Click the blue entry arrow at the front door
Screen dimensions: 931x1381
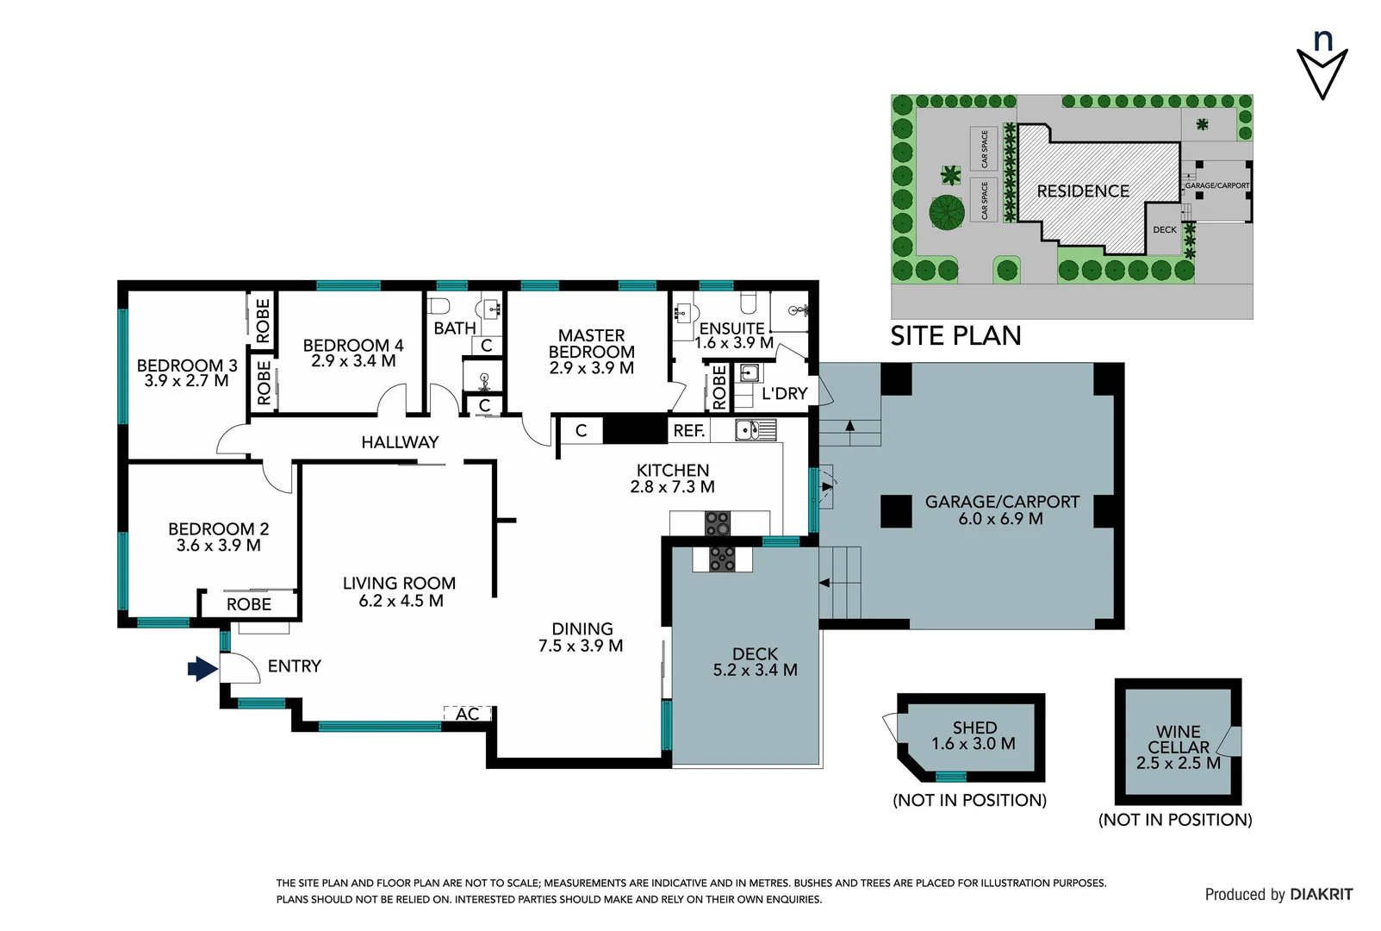(202, 668)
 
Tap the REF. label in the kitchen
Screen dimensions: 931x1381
(688, 430)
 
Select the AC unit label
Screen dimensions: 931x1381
(467, 714)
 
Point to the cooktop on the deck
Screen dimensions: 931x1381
(722, 559)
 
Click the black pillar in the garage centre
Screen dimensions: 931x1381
(896, 511)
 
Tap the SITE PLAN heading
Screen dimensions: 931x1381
(955, 335)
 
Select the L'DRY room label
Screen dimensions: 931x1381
(784, 394)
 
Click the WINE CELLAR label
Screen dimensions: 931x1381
(1178, 739)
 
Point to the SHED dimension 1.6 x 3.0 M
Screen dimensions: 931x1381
(973, 743)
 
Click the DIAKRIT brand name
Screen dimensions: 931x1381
(1321, 895)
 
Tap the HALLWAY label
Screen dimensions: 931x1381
(400, 442)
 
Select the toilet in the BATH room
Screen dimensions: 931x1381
(439, 305)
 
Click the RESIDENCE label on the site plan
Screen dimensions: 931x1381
(1082, 191)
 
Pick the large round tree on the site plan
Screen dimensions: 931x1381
(946, 212)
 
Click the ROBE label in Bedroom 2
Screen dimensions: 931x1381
(248, 604)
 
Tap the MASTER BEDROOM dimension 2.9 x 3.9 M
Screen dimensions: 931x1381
(591, 368)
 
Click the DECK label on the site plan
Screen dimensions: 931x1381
(1164, 230)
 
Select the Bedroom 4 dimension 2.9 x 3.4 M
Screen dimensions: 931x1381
(353, 361)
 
